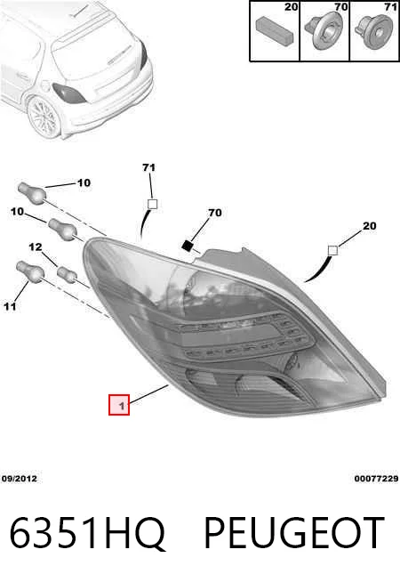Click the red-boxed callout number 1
click(119, 405)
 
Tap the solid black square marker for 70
click(188, 245)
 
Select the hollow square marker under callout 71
click(152, 204)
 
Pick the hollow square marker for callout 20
click(333, 251)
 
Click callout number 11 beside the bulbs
click(10, 306)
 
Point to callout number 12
click(36, 247)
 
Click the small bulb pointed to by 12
click(67, 273)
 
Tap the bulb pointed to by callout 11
click(30, 271)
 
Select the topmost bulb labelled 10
click(32, 192)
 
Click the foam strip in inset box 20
click(275, 29)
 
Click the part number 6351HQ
click(87, 532)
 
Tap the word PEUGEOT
click(294, 532)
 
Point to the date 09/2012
click(20, 479)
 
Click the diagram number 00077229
click(376, 479)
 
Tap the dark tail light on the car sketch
click(69, 93)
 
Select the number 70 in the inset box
click(341, 7)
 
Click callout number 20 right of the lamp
click(369, 226)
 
